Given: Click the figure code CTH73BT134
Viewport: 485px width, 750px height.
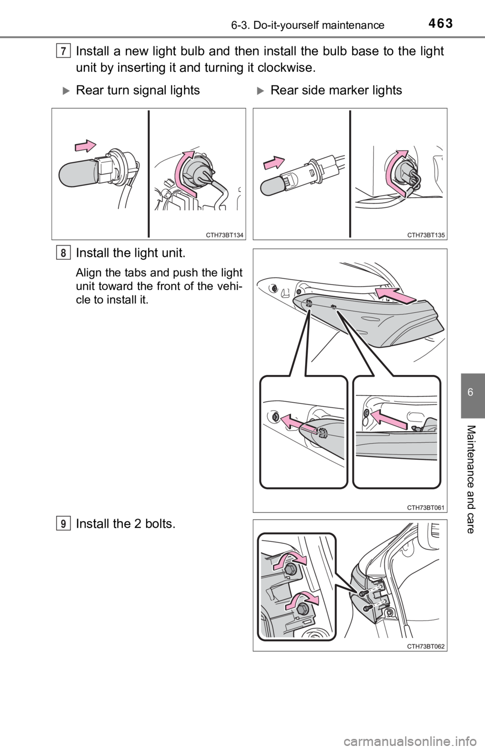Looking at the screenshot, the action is [x=224, y=235].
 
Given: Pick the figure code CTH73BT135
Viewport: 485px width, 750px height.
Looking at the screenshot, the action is [x=426, y=235].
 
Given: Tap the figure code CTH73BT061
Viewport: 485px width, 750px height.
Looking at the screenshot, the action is [x=426, y=507].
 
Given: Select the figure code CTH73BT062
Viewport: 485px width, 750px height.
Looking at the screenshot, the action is [x=426, y=646].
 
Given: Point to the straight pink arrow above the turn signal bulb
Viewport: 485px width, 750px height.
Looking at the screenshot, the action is [x=85, y=146].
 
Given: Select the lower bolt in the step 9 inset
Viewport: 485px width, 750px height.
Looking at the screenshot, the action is [x=302, y=609].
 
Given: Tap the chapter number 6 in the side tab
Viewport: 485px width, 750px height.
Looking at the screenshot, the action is [x=470, y=392].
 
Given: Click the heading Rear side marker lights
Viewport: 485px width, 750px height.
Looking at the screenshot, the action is [x=336, y=90].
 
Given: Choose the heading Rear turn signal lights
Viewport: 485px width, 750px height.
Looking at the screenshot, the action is [x=138, y=90].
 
